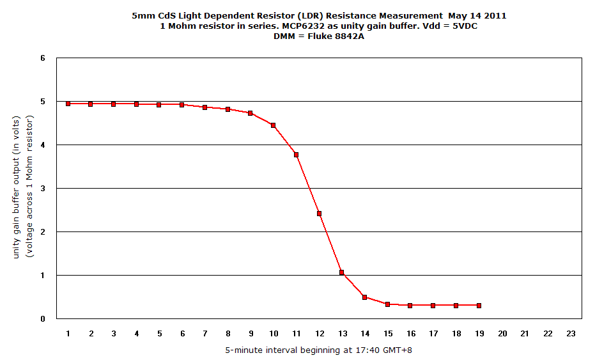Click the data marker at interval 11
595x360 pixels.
[x=296, y=155]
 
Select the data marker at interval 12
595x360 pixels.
[x=319, y=214]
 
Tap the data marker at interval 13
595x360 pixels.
[x=342, y=272]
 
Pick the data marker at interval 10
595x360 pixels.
[x=273, y=125]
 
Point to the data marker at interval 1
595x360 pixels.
[x=68, y=104]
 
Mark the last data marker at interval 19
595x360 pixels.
[x=479, y=306]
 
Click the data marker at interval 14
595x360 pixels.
[x=364, y=297]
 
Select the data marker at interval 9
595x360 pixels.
[x=251, y=113]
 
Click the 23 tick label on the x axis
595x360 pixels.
[x=570, y=333]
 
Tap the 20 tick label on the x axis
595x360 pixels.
[x=502, y=333]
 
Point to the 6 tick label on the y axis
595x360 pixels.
[x=43, y=58]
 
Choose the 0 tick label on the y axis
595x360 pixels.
[x=43, y=318]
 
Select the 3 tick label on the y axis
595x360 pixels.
[x=43, y=189]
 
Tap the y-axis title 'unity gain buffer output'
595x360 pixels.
[x=17, y=187]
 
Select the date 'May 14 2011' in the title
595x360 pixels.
[x=474, y=15]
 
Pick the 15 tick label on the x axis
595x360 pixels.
[x=387, y=333]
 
